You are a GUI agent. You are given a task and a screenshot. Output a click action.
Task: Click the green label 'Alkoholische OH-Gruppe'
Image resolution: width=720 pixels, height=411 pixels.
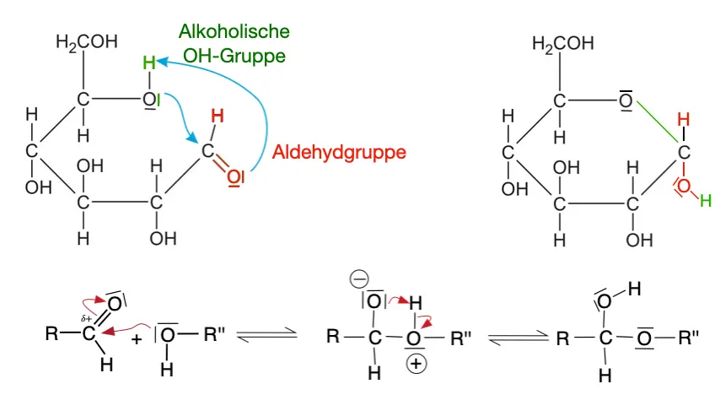click(x=234, y=44)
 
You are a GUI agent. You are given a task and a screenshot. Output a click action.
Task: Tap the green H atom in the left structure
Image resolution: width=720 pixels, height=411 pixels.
click(x=149, y=62)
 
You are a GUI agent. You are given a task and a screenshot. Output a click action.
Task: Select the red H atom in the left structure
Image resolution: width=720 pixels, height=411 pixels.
click(x=217, y=116)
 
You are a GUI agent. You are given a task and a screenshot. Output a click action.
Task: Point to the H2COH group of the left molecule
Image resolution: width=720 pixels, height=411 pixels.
click(x=86, y=43)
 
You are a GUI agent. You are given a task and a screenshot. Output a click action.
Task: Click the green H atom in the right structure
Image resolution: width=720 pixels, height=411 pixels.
click(x=706, y=200)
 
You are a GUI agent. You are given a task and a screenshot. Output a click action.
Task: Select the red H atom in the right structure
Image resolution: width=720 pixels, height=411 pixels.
click(x=684, y=119)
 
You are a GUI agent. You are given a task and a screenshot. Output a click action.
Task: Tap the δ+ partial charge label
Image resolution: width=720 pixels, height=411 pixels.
click(x=85, y=319)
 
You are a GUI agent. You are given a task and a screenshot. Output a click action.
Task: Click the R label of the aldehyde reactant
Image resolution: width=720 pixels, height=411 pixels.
click(x=51, y=333)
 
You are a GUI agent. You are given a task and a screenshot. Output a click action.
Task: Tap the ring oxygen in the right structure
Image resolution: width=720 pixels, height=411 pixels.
click(x=626, y=100)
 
